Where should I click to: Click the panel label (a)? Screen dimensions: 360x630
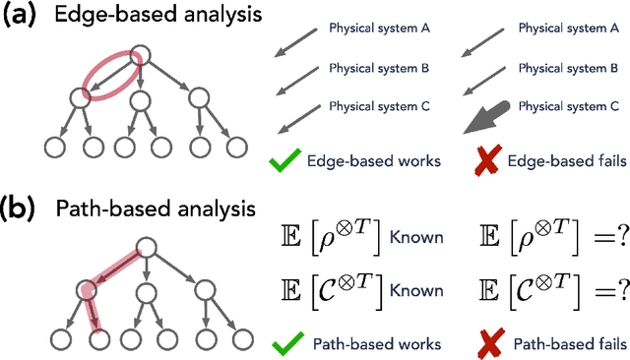23,18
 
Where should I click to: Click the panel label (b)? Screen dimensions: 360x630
23,210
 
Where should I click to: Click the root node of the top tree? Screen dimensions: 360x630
142,54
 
